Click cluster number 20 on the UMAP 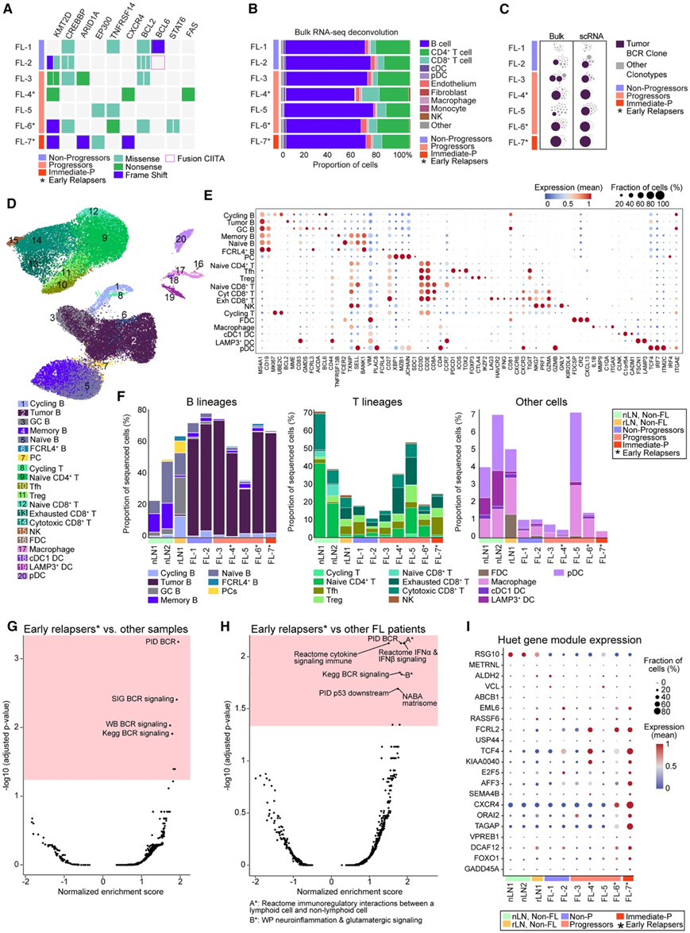tap(182, 237)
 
